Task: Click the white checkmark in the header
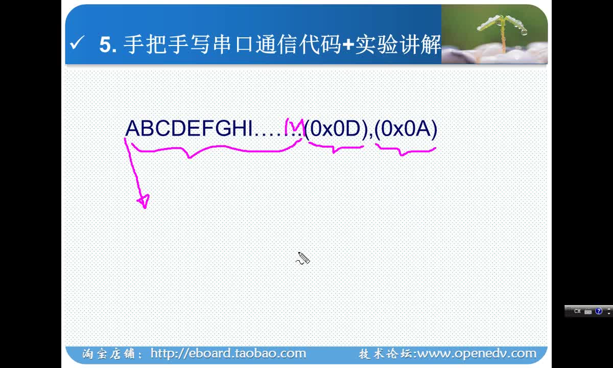coord(77,43)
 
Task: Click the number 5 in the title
coord(106,44)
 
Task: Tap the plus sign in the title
coord(348,44)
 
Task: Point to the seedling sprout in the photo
coord(502,30)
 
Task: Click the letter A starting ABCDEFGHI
coord(133,128)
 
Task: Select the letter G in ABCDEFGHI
coord(224,128)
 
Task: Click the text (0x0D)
coord(336,129)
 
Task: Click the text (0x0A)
coord(406,129)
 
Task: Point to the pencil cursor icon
coord(303,258)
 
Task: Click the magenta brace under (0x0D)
coord(336,148)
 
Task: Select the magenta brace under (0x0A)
coord(406,150)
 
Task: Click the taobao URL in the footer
coord(228,354)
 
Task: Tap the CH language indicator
coord(577,311)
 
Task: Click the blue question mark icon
coord(599,311)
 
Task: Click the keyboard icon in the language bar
coord(588,312)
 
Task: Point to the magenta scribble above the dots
coord(294,126)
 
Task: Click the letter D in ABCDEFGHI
coord(178,128)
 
